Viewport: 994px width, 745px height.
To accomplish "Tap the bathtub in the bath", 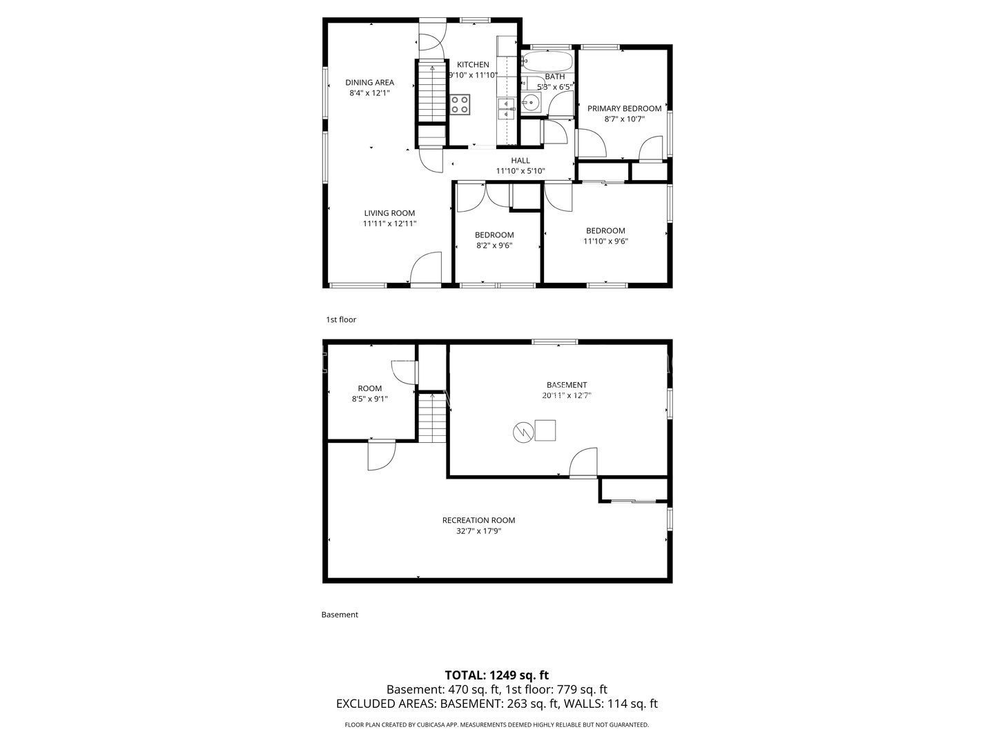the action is pos(547,60).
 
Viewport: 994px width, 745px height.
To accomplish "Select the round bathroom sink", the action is pos(532,103).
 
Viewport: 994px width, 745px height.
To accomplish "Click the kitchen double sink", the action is pos(506,109).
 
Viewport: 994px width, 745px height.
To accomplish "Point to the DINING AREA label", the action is pos(369,82).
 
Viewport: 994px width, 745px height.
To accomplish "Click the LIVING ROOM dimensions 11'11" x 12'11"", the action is pos(389,223).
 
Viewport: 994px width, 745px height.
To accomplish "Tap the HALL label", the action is pos(520,160).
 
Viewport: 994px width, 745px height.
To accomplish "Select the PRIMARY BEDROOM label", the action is pos(624,108).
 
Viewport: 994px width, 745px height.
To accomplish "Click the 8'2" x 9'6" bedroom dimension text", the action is pos(494,246).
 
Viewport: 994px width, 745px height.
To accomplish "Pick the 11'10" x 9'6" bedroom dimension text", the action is pos(605,241).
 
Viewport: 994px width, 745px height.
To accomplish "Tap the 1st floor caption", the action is pos(341,319).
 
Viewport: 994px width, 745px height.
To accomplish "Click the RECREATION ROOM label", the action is pos(478,520).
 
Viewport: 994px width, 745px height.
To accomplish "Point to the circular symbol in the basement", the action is pos(523,433).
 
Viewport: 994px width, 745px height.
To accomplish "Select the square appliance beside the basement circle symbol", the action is pos(545,430).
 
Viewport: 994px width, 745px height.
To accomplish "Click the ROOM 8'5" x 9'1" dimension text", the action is pos(370,399).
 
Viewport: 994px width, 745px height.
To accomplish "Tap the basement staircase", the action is pos(433,417).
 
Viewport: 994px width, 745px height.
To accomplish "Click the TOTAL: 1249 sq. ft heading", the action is pos(496,675).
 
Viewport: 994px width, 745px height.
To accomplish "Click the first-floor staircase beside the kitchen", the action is pos(433,92).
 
